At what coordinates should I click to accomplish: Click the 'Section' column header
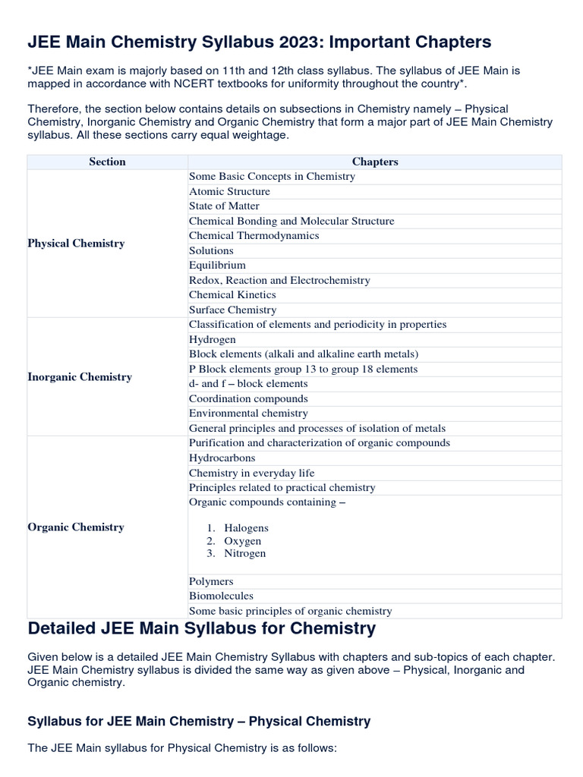107,162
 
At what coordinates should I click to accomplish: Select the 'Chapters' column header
375,162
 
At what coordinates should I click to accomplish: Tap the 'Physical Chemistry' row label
76,244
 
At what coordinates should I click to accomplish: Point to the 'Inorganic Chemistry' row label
80,377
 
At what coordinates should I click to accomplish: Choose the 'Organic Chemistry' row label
76,527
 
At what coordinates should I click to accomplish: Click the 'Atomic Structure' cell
229,191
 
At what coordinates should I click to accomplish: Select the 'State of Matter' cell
224,206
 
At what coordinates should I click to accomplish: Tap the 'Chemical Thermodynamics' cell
254,236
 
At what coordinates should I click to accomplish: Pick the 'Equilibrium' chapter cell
217,266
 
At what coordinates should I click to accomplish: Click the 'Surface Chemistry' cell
232,310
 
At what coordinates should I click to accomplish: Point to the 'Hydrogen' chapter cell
212,339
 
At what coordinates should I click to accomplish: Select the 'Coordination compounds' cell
248,398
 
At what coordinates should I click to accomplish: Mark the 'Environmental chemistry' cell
248,414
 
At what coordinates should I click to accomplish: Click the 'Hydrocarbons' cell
222,458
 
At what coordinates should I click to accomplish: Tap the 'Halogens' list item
246,528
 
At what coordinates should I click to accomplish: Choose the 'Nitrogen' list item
245,554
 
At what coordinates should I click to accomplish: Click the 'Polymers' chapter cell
211,581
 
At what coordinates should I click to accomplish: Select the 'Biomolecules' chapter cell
221,596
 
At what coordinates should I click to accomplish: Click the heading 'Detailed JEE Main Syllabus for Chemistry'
201,628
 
